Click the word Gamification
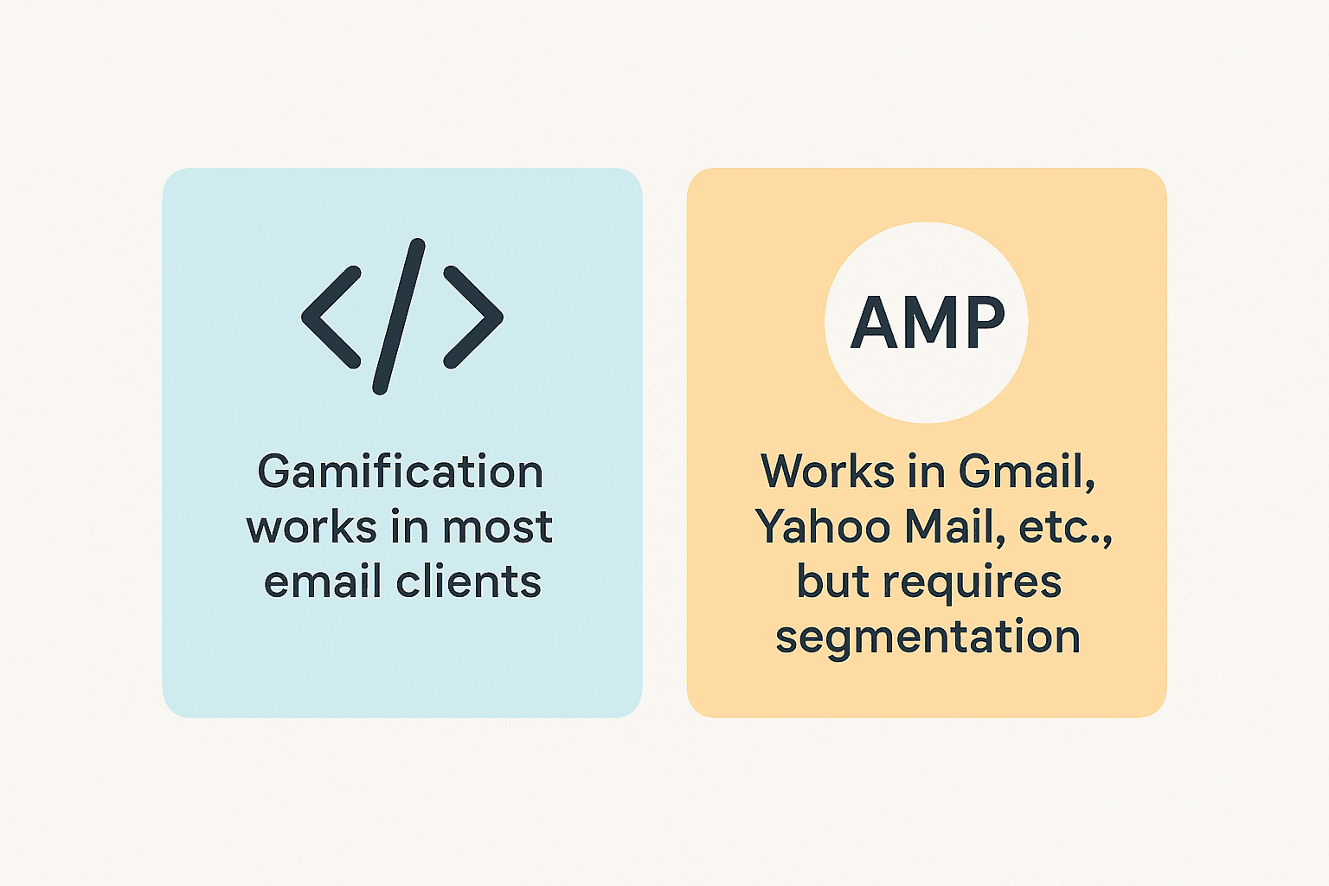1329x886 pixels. coord(400,472)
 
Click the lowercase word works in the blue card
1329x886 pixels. coord(300,528)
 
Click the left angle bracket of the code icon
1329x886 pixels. coord(331,317)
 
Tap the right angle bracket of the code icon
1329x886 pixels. coord(473,317)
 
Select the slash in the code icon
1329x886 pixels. coord(399,317)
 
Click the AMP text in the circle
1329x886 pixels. coord(928,323)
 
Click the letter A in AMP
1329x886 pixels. coord(877,323)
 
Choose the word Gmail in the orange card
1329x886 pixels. coord(1026,472)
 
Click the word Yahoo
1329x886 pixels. coord(823,526)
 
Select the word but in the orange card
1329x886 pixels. coord(832,581)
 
